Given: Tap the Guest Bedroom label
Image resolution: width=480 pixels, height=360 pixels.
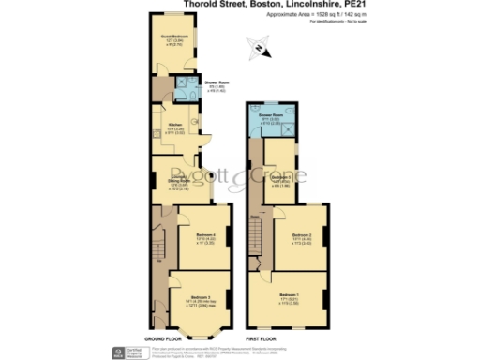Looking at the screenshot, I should pyautogui.click(x=172, y=37).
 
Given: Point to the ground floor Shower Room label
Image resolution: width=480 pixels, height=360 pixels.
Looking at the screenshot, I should pyautogui.click(x=217, y=82).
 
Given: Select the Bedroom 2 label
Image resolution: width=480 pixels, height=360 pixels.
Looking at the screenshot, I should pyautogui.click(x=301, y=234).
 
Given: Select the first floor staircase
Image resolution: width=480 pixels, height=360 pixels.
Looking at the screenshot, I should pyautogui.click(x=256, y=234).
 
